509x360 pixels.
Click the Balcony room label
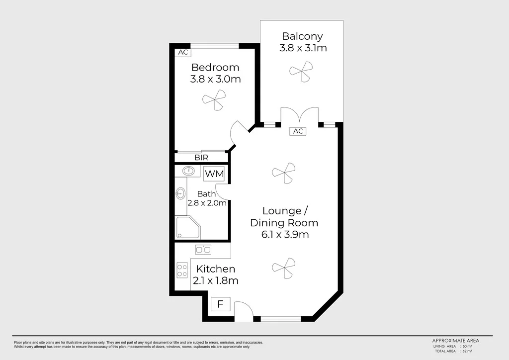(302, 36)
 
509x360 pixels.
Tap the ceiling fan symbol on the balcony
(301, 71)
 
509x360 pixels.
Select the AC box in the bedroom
(183, 52)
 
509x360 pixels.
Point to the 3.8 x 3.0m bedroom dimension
(215, 79)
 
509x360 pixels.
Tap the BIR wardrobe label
(201, 157)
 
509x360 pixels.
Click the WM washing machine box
(214, 174)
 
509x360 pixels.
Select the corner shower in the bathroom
(187, 228)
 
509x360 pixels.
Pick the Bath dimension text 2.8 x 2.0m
(207, 203)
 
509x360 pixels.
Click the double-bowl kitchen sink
(203, 250)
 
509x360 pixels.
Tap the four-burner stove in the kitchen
(182, 270)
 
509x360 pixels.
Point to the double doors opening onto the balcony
(300, 115)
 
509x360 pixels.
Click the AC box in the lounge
(298, 131)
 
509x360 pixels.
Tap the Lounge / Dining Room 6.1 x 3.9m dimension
(284, 234)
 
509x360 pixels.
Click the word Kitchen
(215, 269)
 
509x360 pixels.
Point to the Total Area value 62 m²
(467, 351)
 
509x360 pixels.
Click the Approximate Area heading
(455, 341)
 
